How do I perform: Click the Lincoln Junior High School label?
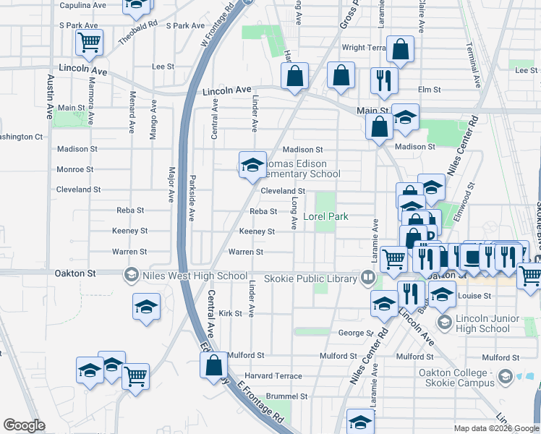(x=484, y=323)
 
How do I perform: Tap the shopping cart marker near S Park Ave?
(x=89, y=43)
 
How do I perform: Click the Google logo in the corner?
(x=24, y=425)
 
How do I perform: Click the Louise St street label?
(x=474, y=296)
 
